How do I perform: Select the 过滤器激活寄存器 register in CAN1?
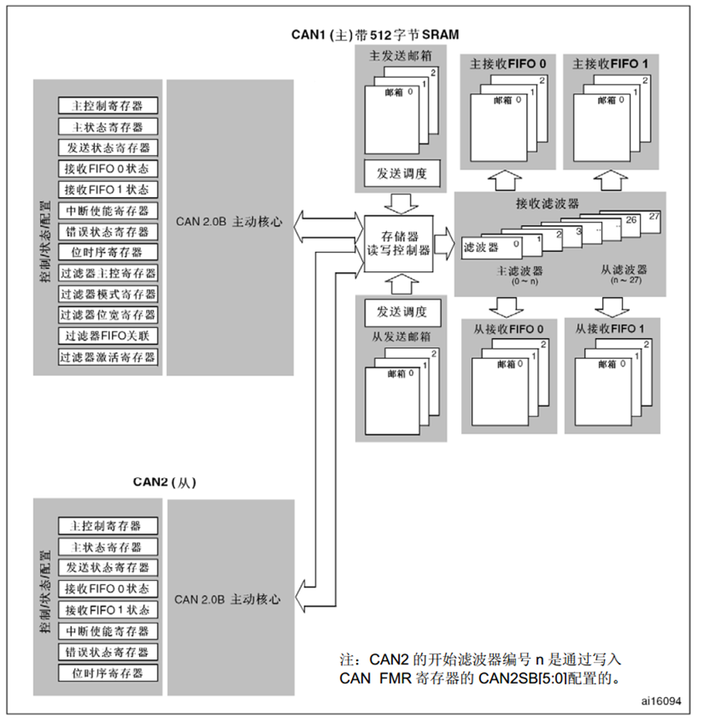[x=108, y=357]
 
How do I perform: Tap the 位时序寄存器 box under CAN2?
[x=108, y=673]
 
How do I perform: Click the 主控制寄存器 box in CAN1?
[x=108, y=107]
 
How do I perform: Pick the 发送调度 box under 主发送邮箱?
[x=396, y=174]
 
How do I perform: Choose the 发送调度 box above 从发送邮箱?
[x=396, y=312]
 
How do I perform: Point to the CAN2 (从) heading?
[x=165, y=482]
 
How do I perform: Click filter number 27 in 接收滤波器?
[x=653, y=216]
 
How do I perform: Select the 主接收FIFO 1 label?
[x=611, y=63]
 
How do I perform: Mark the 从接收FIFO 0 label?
[x=508, y=329]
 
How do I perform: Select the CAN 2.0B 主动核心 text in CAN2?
[x=228, y=599]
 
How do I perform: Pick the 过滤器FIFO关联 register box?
[x=108, y=336]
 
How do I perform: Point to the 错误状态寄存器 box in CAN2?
[x=108, y=652]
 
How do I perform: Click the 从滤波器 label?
[x=624, y=270]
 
